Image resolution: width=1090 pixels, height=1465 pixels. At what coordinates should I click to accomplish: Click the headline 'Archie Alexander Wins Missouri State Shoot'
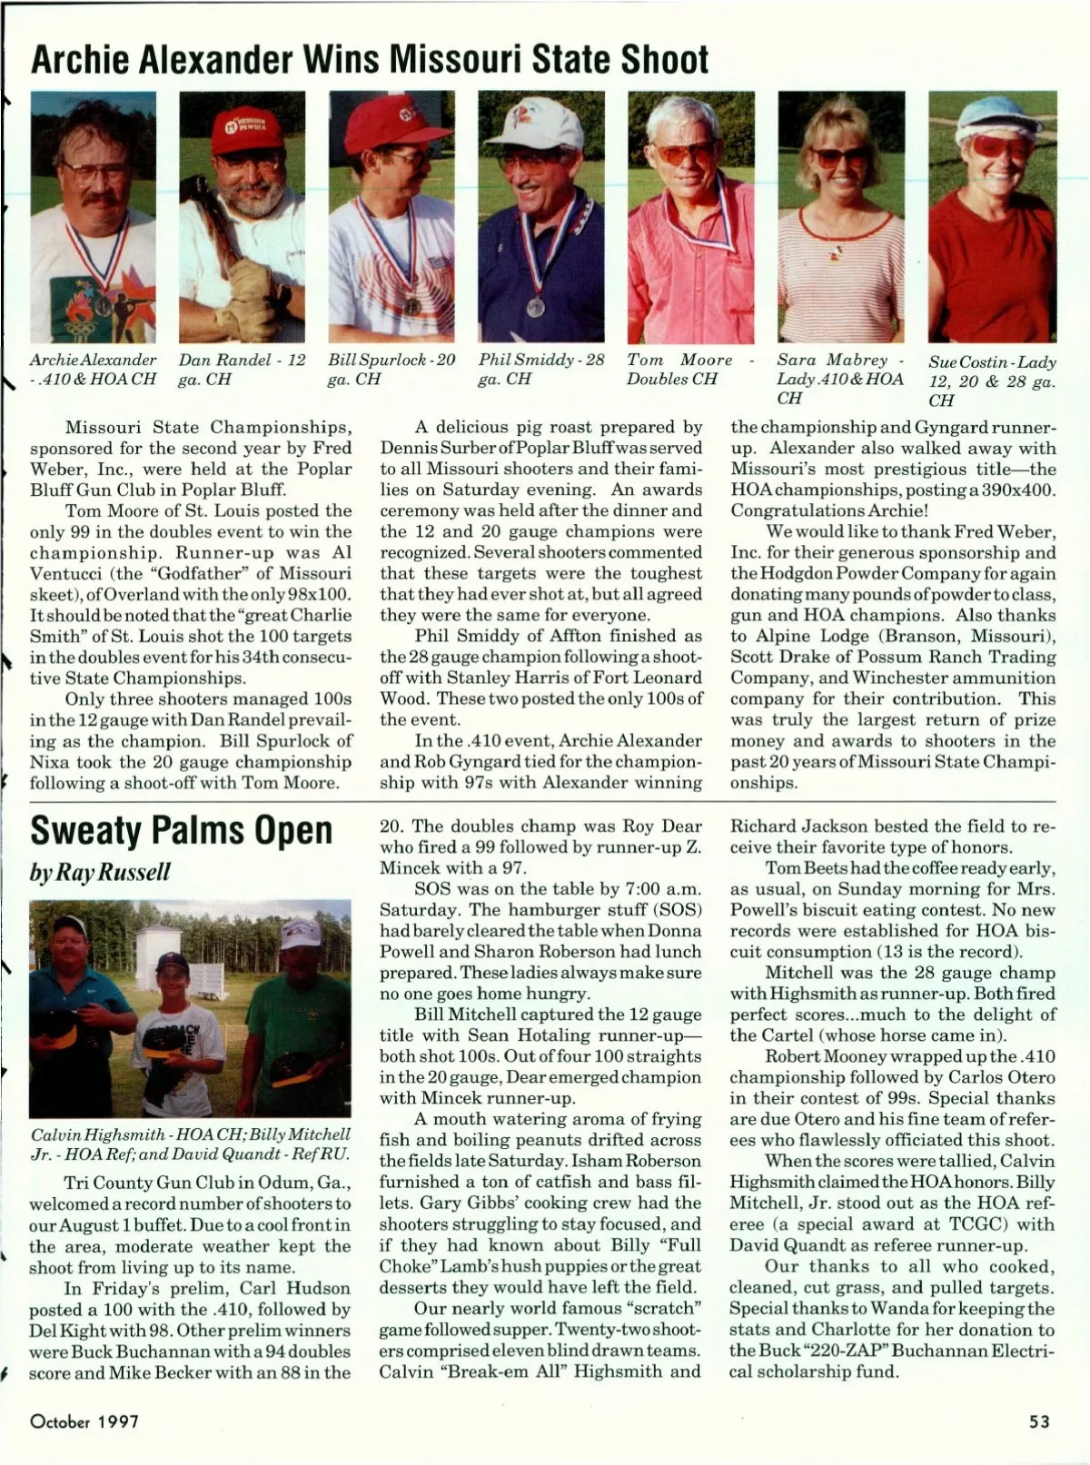click(x=369, y=60)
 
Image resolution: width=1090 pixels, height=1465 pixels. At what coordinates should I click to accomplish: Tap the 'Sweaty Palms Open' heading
click(x=182, y=829)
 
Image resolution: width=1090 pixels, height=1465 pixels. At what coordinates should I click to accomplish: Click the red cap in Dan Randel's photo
click(x=238, y=127)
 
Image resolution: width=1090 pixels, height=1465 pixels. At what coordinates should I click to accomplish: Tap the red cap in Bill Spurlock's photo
click(x=387, y=121)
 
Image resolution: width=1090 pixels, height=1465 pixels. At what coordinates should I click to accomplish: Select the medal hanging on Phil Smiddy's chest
click(x=536, y=307)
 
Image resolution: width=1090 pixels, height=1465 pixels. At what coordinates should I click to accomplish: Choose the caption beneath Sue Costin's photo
click(x=992, y=381)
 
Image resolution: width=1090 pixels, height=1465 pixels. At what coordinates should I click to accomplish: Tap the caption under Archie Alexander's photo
click(x=93, y=369)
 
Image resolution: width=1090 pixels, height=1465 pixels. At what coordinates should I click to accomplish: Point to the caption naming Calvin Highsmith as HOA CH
click(x=191, y=1144)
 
